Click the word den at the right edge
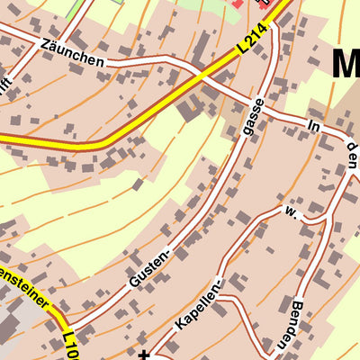click(x=352, y=155)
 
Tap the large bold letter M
click(x=346, y=65)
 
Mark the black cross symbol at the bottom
click(x=144, y=354)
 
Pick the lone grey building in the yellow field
click(x=138, y=184)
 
